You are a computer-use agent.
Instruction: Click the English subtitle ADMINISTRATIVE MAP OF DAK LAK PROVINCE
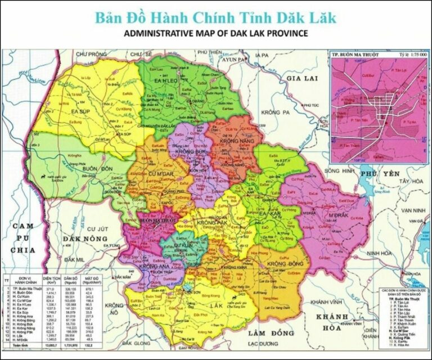[x=215, y=33]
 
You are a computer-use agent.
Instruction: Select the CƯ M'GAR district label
[x=158, y=174]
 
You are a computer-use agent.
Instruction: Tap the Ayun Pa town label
[x=231, y=59]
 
